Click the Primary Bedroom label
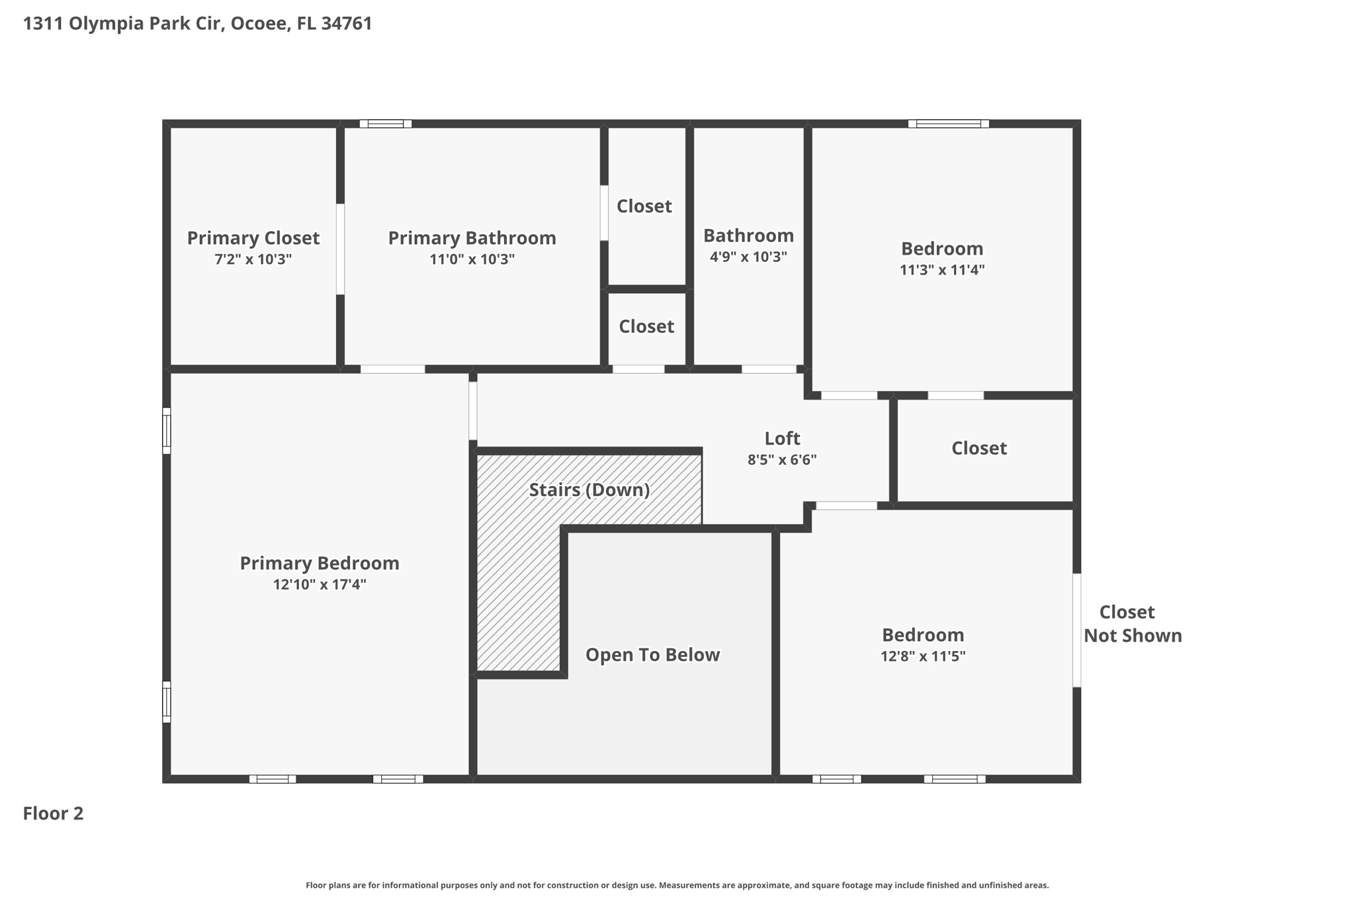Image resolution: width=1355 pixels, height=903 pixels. (319, 563)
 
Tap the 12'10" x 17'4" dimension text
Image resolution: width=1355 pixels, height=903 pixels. (319, 585)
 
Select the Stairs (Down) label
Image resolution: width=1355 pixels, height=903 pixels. (589, 490)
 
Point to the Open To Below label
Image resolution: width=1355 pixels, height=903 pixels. (652, 655)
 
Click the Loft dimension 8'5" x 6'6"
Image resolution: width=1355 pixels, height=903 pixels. (782, 460)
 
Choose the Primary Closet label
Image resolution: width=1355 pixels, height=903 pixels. (253, 238)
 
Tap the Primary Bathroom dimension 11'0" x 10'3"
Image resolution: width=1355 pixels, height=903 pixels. (472, 259)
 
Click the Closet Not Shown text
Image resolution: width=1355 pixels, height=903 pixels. (1131, 624)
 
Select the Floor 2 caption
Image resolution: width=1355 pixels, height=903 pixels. (53, 813)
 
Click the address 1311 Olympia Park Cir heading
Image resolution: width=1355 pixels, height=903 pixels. (197, 24)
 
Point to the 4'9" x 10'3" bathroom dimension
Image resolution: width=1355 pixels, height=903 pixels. (748, 257)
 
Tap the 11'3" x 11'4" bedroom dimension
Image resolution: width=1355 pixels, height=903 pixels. (941, 270)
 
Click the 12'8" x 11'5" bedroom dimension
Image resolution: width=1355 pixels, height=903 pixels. (922, 656)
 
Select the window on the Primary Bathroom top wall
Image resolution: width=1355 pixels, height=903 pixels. (386, 124)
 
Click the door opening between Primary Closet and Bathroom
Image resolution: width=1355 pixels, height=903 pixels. (340, 249)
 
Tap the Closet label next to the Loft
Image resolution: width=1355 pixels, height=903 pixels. (979, 449)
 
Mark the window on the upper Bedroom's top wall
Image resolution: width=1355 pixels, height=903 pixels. (948, 124)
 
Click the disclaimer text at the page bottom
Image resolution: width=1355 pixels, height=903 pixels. (677, 885)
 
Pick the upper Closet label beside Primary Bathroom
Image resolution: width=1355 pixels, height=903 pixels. (644, 206)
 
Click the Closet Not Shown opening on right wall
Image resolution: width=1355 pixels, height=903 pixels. (1076, 630)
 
